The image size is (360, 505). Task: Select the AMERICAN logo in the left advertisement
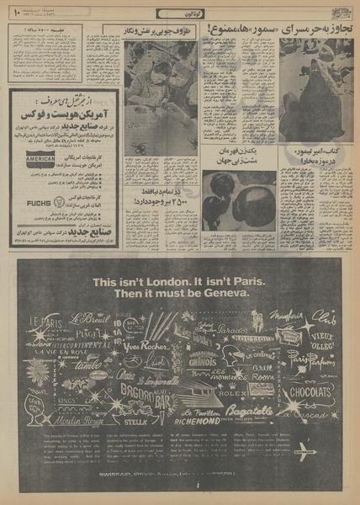[x=40, y=158]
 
